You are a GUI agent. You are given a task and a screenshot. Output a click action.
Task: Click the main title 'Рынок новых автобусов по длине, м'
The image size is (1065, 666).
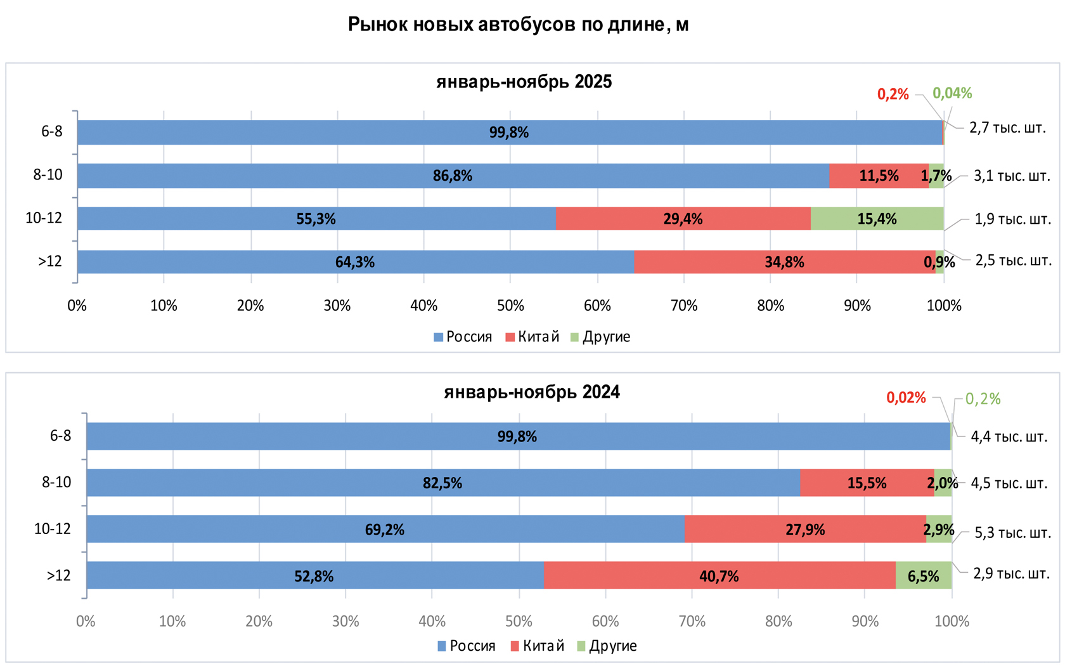coord(518,25)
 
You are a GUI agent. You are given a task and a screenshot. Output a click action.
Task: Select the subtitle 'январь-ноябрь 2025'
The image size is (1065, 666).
coord(524,82)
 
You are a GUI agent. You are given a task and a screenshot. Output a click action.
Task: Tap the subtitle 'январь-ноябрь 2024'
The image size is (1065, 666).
coord(531,392)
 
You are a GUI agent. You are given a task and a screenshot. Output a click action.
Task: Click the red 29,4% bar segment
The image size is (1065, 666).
coord(683,219)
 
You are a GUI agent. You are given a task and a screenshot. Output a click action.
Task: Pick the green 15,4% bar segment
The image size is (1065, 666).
coord(877,219)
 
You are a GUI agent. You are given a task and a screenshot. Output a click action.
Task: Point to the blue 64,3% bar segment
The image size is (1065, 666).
coord(355,262)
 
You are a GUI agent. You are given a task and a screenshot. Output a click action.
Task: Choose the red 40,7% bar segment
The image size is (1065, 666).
coord(719,576)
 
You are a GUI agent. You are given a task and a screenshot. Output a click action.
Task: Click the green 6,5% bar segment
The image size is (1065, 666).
coord(923,576)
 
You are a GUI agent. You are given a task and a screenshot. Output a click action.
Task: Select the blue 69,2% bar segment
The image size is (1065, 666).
coord(385,530)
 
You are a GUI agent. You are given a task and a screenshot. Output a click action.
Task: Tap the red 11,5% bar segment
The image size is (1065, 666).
coord(879,176)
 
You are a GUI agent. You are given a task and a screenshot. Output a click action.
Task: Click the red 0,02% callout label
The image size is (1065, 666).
coord(906,398)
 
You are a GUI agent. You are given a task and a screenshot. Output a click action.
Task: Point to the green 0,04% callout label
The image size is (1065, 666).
coord(952,93)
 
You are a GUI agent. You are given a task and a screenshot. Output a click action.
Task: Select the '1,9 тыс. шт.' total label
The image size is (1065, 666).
coord(1012,219)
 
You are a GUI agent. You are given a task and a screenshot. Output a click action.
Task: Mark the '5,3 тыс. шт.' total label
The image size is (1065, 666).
coord(1012,532)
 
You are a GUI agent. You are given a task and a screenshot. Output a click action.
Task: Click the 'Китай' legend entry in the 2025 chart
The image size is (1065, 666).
coord(532,337)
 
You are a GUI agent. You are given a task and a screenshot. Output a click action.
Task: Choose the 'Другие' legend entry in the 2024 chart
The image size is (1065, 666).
coord(607,646)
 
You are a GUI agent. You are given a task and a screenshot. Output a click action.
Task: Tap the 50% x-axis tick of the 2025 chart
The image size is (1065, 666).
coord(510,306)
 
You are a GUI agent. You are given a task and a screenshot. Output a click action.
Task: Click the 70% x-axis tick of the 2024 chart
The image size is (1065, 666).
coord(692,621)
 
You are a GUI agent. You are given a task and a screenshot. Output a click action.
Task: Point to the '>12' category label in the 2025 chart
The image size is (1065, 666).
coord(50,261)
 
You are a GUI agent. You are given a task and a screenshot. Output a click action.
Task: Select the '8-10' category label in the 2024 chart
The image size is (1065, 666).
coord(56,482)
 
